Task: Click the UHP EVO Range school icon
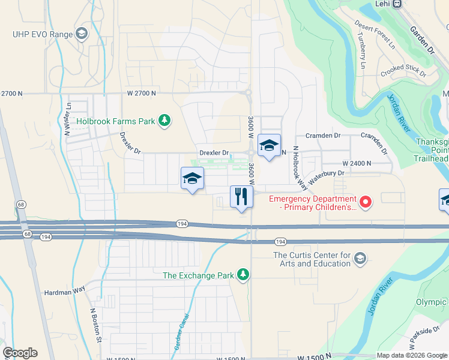[x=80, y=34]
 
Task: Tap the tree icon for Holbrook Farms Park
[x=163, y=121]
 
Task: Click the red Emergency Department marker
[x=364, y=200]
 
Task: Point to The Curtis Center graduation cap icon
[x=360, y=259]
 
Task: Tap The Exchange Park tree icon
[x=243, y=275]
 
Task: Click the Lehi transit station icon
[x=397, y=4]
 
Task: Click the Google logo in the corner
[x=20, y=353]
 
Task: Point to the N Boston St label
[x=95, y=325]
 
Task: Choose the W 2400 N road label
[x=357, y=163]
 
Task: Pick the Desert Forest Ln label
[x=375, y=34]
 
